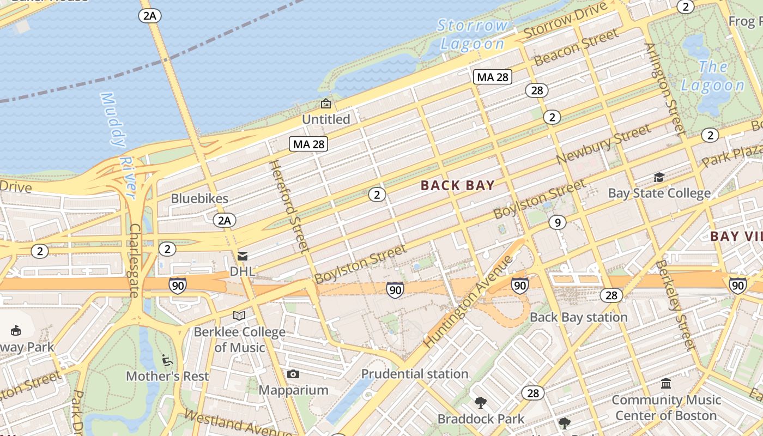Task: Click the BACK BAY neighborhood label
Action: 458,186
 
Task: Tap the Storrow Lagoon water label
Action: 473,34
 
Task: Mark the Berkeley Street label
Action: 675,305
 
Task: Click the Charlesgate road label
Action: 135,261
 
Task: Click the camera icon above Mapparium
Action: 293,374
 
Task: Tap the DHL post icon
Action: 243,256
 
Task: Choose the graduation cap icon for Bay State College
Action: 659,177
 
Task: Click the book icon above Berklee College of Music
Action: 239,316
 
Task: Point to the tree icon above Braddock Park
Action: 481,403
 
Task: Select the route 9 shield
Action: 556,222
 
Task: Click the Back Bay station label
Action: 579,317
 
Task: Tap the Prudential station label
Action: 415,374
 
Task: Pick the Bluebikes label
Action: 199,198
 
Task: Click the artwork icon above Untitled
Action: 326,103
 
